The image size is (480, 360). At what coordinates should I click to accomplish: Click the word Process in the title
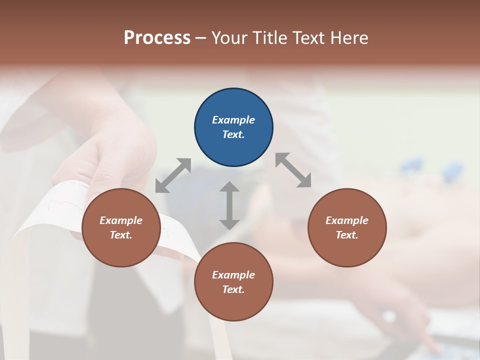pos(157,37)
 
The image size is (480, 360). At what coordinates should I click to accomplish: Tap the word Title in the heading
pos(269,38)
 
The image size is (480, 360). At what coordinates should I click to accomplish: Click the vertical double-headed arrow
pos(229,205)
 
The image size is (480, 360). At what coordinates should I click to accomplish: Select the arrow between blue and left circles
pos(173,175)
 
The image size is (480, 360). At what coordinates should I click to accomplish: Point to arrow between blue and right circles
pos(293,170)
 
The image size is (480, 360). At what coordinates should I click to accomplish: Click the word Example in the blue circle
pos(233,120)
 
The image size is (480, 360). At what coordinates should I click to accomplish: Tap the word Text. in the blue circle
pos(233,134)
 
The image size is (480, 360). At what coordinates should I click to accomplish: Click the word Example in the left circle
pos(121,220)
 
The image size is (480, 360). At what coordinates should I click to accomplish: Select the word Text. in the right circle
pos(347,235)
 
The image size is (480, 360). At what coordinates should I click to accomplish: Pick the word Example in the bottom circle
pos(233,275)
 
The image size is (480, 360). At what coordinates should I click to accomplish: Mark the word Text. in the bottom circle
pos(233,289)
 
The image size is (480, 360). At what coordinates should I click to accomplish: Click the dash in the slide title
pos(201,38)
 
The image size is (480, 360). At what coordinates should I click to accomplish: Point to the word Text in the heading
pos(309,38)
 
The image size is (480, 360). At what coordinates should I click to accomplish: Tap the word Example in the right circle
pos(347,220)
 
